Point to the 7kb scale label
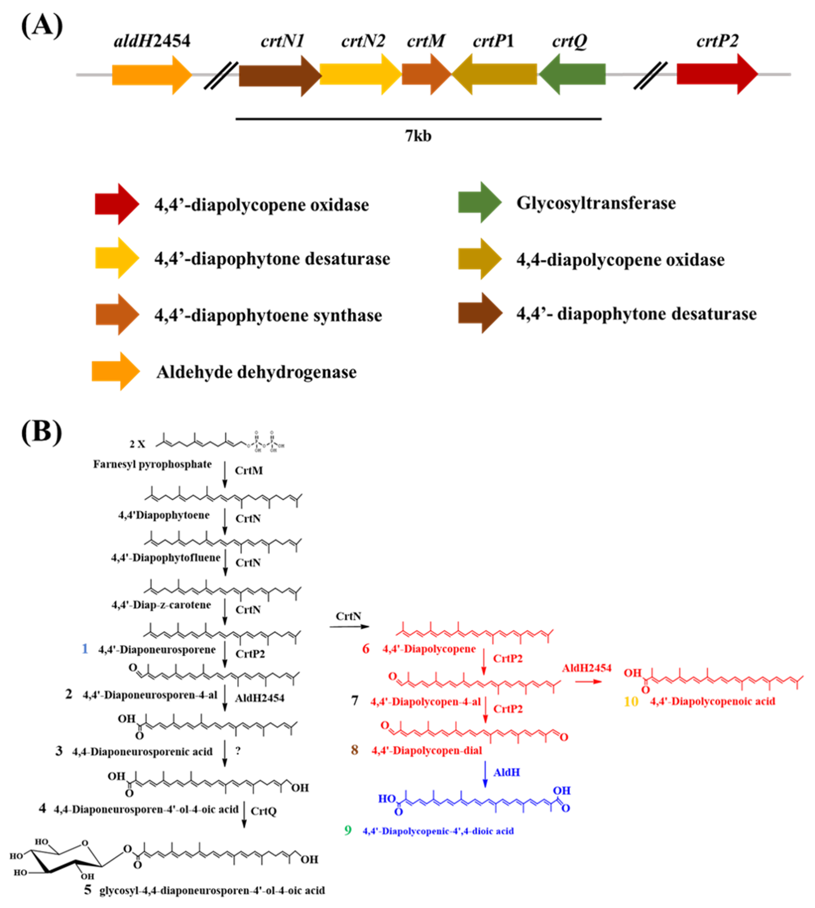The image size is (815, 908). (x=418, y=135)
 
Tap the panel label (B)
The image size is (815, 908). (x=41, y=432)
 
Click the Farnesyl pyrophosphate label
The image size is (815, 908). (x=152, y=464)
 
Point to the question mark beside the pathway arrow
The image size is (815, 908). (x=238, y=751)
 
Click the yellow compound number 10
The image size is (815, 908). (x=631, y=701)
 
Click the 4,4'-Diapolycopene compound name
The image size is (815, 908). (x=429, y=649)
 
